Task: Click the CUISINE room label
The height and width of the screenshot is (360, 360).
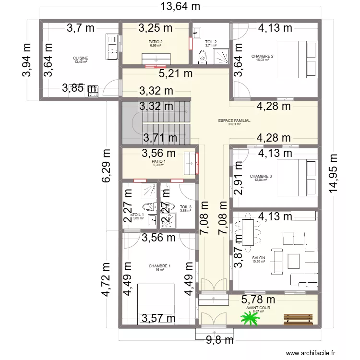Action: coord(81,58)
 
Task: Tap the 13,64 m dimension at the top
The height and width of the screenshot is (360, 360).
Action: coord(180,7)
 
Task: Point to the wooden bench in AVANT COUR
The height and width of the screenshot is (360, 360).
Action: coord(299,318)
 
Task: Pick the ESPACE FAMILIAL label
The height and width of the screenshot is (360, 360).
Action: coord(234,121)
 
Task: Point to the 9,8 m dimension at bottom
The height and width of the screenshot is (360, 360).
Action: coord(213,340)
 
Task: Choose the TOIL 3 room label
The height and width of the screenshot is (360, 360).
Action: coord(186,207)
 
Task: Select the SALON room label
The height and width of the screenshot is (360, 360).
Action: coord(258,258)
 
